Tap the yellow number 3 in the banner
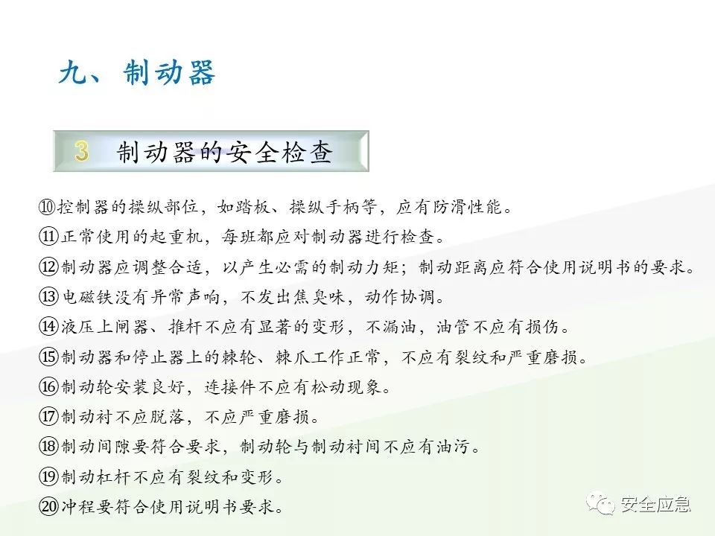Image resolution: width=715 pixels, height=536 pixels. pos(82,152)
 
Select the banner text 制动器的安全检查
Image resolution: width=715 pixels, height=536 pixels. pos(224,153)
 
